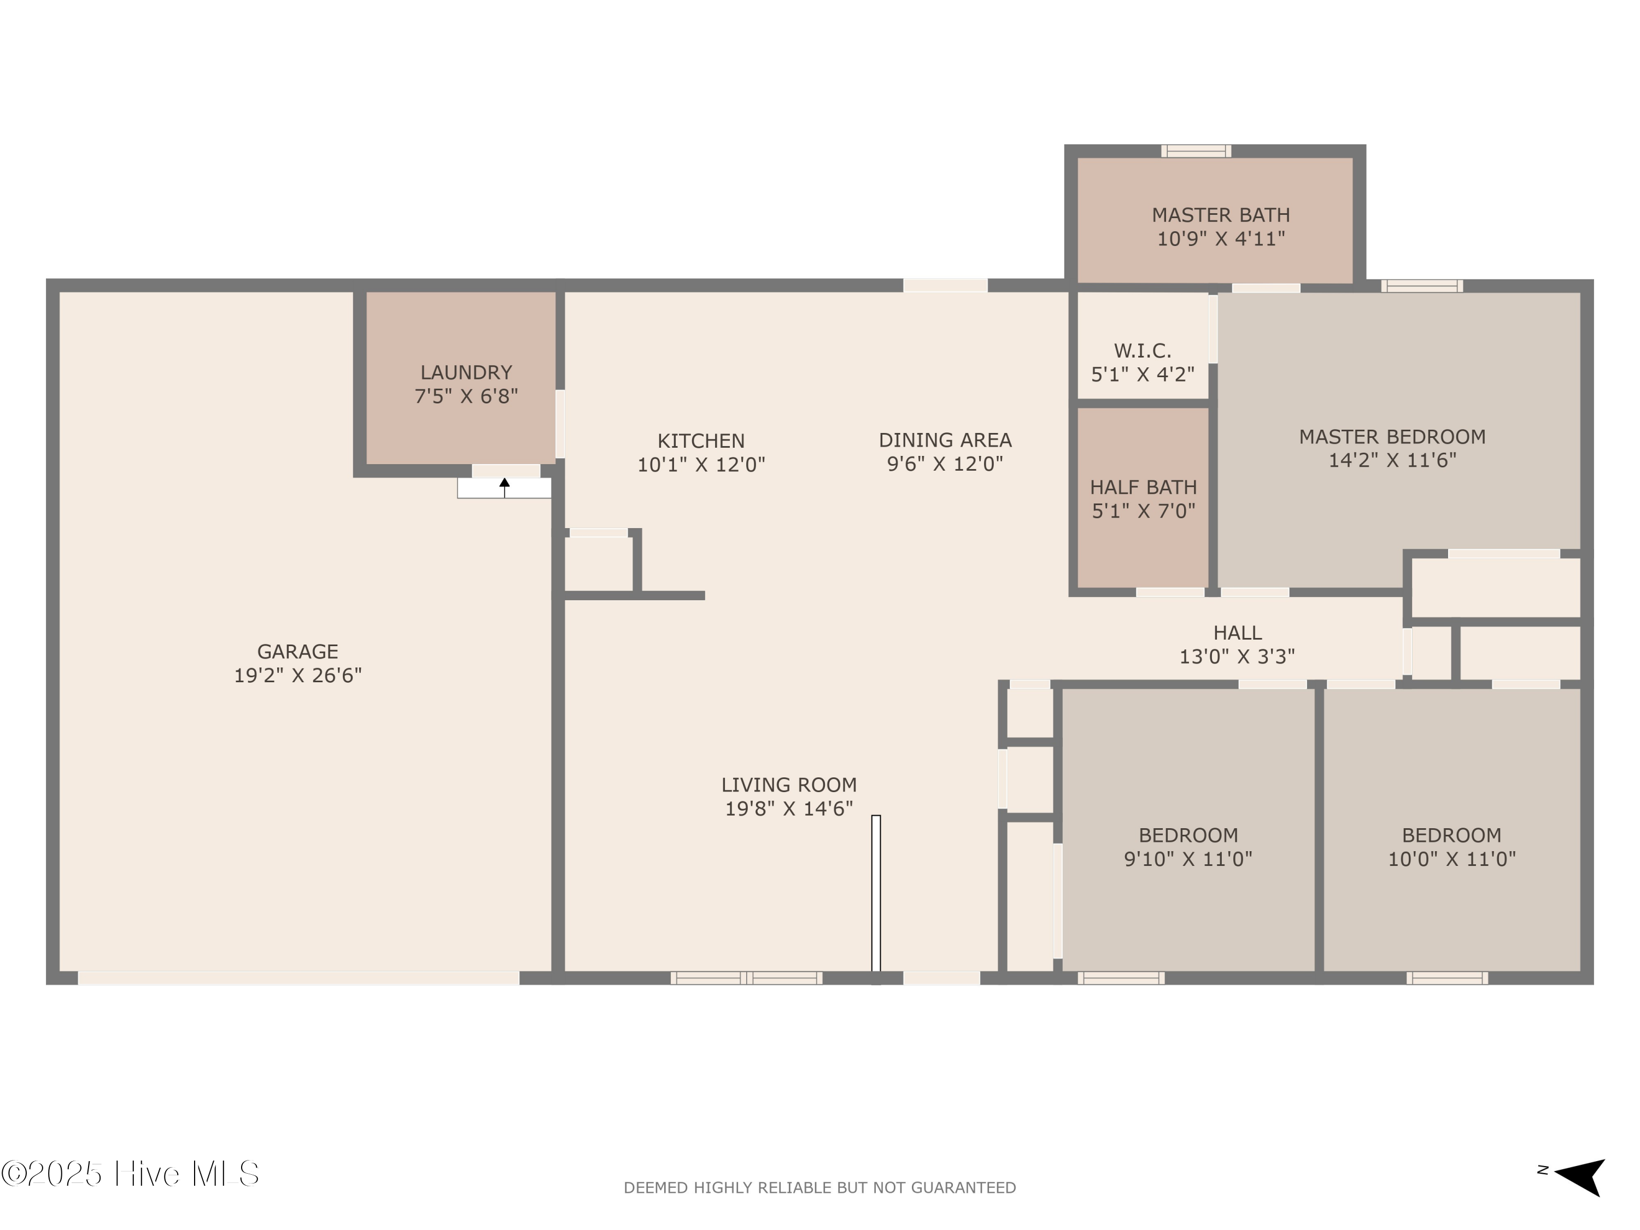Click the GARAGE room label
pos(297,652)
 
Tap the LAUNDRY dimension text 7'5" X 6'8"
pos(466,396)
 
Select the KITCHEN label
pos(701,441)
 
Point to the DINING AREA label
pos(945,440)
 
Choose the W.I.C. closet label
pos(1142,351)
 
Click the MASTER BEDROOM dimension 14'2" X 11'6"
pos(1392,460)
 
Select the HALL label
pos(1237,632)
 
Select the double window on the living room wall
pos(746,978)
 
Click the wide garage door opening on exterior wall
pos(298,978)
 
